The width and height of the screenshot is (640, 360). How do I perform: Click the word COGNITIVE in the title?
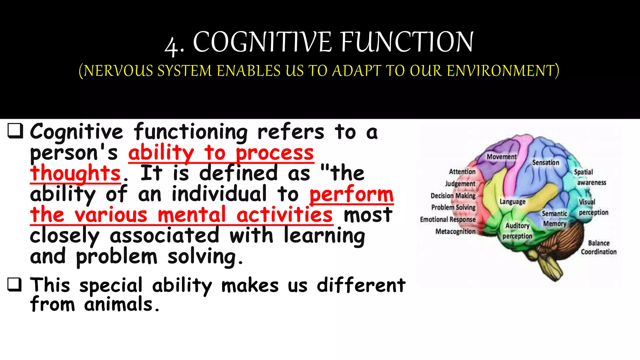262,42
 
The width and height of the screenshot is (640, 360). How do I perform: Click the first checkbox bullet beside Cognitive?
15,131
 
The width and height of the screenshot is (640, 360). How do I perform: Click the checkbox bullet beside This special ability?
15,284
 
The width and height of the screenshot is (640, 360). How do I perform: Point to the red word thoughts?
75,173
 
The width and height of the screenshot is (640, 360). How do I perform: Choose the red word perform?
352,194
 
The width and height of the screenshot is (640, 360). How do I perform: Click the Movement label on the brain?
502,157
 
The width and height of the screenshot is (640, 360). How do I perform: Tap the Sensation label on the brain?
546,162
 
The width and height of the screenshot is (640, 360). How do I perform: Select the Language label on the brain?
512,202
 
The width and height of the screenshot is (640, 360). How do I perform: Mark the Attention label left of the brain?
462,172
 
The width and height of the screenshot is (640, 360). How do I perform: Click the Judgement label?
460,183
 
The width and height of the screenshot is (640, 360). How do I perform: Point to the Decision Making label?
453,196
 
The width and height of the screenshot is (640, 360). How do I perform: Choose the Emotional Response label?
447,219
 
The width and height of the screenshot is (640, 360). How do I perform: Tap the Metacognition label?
455,232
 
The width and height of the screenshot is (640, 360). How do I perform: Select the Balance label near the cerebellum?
599,243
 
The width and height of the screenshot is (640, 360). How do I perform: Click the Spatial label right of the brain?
583,172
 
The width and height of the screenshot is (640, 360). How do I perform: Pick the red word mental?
192,215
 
